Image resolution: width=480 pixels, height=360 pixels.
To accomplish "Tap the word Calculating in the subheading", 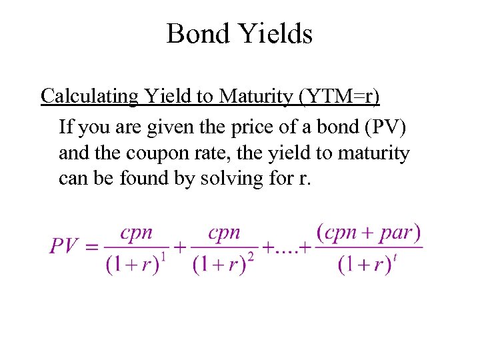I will pyautogui.click(x=89, y=96).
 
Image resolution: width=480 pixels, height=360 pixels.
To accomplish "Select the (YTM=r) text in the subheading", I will pyautogui.click(x=340, y=96).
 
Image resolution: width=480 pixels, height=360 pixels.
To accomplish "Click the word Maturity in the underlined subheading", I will pyautogui.click(x=257, y=96).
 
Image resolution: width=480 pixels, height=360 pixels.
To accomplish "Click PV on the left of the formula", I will pyautogui.click(x=65, y=246).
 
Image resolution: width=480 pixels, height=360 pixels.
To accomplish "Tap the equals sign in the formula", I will pyautogui.click(x=93, y=247).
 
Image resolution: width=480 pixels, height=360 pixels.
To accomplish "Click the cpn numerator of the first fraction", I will pyautogui.click(x=136, y=233).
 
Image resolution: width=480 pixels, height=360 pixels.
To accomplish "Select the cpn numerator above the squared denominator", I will pyautogui.click(x=223, y=233).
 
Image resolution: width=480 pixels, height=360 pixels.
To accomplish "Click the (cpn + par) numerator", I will pyautogui.click(x=368, y=233).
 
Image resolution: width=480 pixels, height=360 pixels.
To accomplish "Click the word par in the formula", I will pyautogui.click(x=397, y=234).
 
